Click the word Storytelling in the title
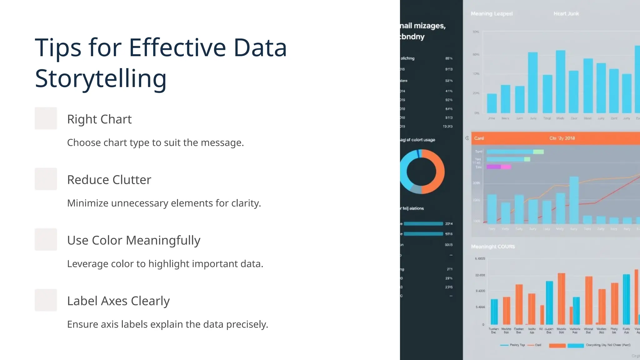(x=101, y=79)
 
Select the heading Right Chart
(x=99, y=119)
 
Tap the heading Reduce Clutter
(x=109, y=180)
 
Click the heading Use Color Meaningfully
(x=134, y=241)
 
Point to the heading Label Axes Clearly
(x=118, y=301)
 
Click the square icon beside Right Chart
(x=46, y=118)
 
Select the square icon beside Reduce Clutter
(x=46, y=179)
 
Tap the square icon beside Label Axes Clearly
(x=46, y=300)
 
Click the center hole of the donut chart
(x=421, y=172)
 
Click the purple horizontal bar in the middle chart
(x=499, y=167)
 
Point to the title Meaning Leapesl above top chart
(x=492, y=14)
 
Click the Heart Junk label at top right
(x=566, y=14)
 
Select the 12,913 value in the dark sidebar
(x=447, y=127)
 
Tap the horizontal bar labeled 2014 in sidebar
(x=423, y=224)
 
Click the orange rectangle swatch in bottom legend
(x=557, y=345)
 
